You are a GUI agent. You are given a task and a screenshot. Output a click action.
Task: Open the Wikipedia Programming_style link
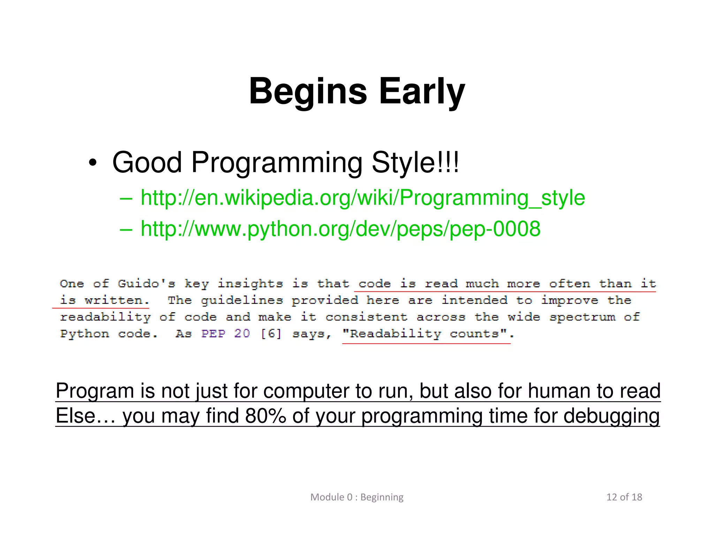[x=363, y=198]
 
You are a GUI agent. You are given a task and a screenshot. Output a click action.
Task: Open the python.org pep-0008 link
[x=340, y=229]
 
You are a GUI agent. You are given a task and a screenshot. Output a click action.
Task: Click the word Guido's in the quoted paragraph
[x=146, y=283]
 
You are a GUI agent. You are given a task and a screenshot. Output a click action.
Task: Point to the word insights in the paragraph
[x=250, y=283]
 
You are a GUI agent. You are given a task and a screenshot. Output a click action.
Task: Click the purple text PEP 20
[x=226, y=334]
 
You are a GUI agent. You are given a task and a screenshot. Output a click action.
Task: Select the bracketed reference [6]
[x=271, y=334]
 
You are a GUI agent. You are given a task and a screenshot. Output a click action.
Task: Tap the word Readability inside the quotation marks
[x=395, y=334]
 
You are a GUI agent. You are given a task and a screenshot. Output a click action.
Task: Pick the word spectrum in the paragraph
[x=582, y=317]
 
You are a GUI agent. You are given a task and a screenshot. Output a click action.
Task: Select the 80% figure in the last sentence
[x=266, y=416]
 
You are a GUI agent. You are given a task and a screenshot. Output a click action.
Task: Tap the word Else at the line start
[x=75, y=416]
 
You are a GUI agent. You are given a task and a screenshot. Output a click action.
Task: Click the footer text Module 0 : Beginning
[x=357, y=497]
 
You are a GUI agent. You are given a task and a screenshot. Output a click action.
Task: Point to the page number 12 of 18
[x=624, y=497]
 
